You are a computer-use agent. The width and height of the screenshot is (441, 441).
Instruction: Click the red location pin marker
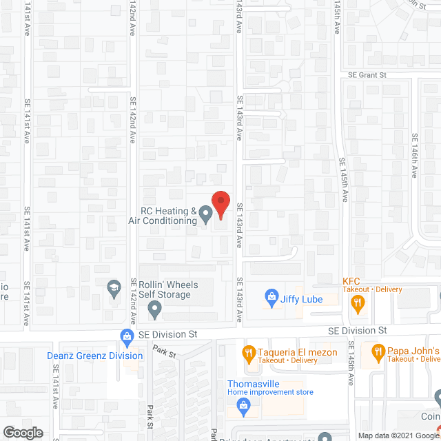click(x=220, y=204)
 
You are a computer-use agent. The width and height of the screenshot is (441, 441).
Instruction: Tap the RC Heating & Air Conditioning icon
click(x=205, y=216)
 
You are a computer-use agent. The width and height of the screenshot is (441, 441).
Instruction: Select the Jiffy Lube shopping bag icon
click(x=272, y=298)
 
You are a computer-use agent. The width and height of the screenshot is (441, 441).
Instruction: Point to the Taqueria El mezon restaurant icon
click(x=249, y=353)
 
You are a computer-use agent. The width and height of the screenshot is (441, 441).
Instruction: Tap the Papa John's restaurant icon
click(x=378, y=353)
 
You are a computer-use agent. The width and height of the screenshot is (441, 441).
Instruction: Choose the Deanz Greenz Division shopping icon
click(x=126, y=338)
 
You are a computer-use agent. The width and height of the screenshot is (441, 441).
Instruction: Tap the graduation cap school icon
click(x=114, y=289)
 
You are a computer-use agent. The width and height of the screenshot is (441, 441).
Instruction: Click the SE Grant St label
click(x=369, y=75)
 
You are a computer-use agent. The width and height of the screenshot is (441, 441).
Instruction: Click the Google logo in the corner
click(x=22, y=433)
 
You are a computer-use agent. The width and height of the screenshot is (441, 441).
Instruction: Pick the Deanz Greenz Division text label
click(x=95, y=356)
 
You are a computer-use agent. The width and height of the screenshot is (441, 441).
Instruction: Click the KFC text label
click(x=352, y=280)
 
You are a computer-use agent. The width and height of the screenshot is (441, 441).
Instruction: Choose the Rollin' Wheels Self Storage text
click(x=170, y=291)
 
